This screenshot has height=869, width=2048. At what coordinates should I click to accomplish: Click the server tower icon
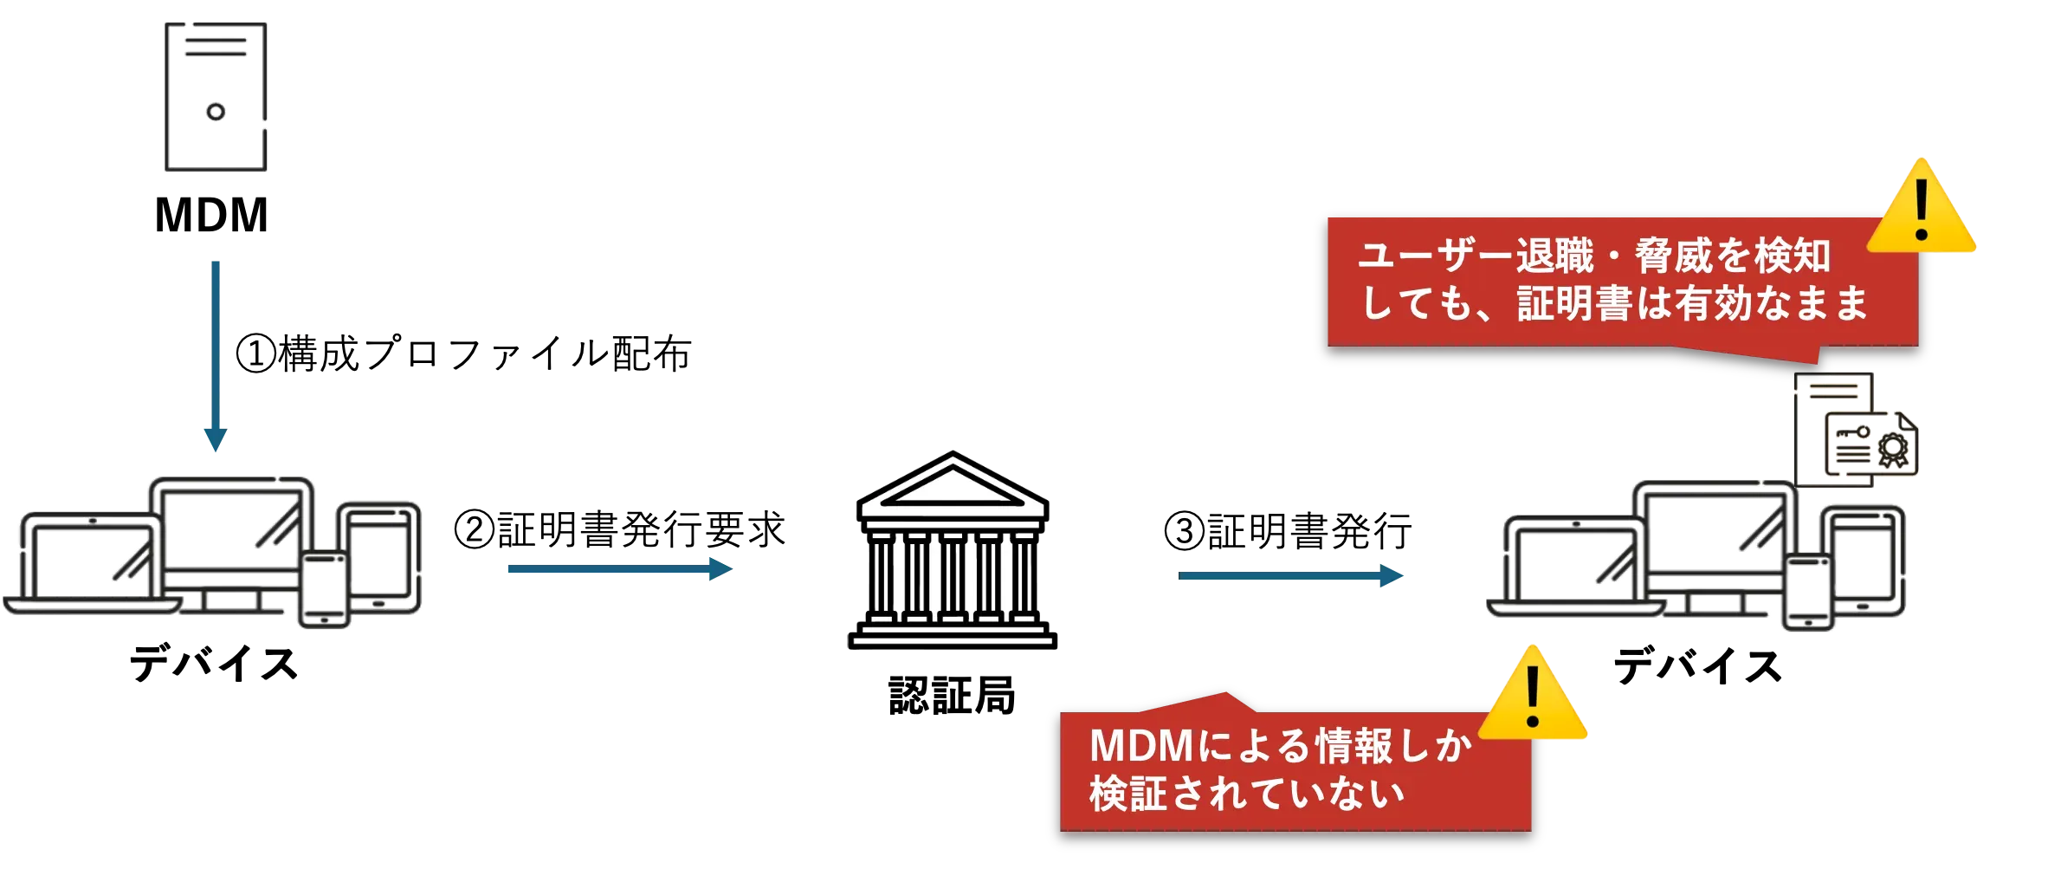[x=215, y=96]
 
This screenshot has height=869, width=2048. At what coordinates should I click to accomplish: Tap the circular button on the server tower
[x=215, y=112]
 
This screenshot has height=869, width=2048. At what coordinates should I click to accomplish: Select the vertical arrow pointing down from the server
[x=215, y=355]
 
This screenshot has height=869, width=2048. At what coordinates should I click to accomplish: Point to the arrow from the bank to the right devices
[x=1290, y=575]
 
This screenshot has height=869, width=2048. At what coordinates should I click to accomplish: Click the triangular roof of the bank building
[x=953, y=486]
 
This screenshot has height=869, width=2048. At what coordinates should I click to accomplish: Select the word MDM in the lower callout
[x=1140, y=747]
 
